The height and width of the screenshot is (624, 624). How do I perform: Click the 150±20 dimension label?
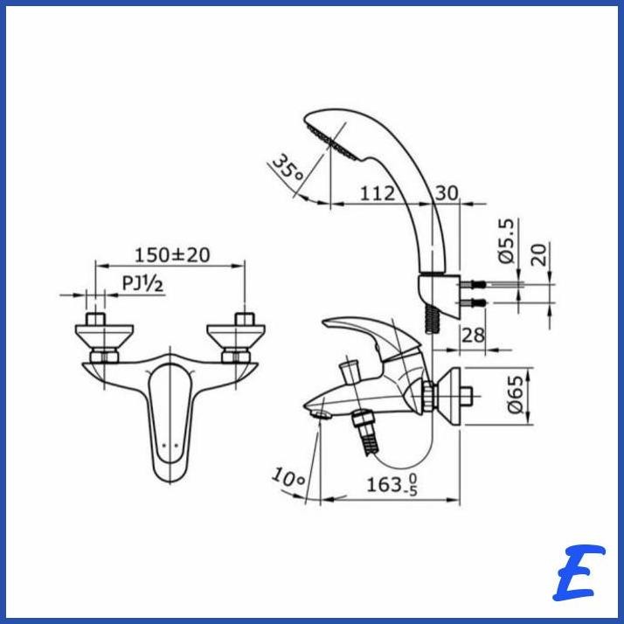[172, 254]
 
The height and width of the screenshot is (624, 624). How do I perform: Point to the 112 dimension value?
[378, 193]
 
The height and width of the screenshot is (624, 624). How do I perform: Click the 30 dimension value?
[447, 193]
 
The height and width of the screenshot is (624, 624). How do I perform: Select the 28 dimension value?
[472, 335]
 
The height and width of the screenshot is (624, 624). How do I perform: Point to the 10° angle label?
[288, 478]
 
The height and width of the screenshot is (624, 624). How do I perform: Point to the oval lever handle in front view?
[170, 419]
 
